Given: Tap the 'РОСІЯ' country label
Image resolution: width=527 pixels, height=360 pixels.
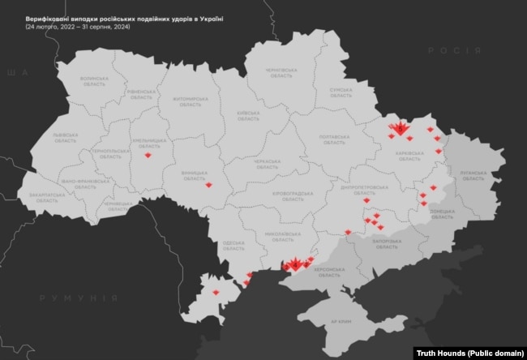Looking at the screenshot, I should (443, 71).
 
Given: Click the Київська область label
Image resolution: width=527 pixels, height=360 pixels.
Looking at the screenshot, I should (246, 116).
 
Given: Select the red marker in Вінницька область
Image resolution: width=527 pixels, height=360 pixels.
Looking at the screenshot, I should (210, 186).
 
